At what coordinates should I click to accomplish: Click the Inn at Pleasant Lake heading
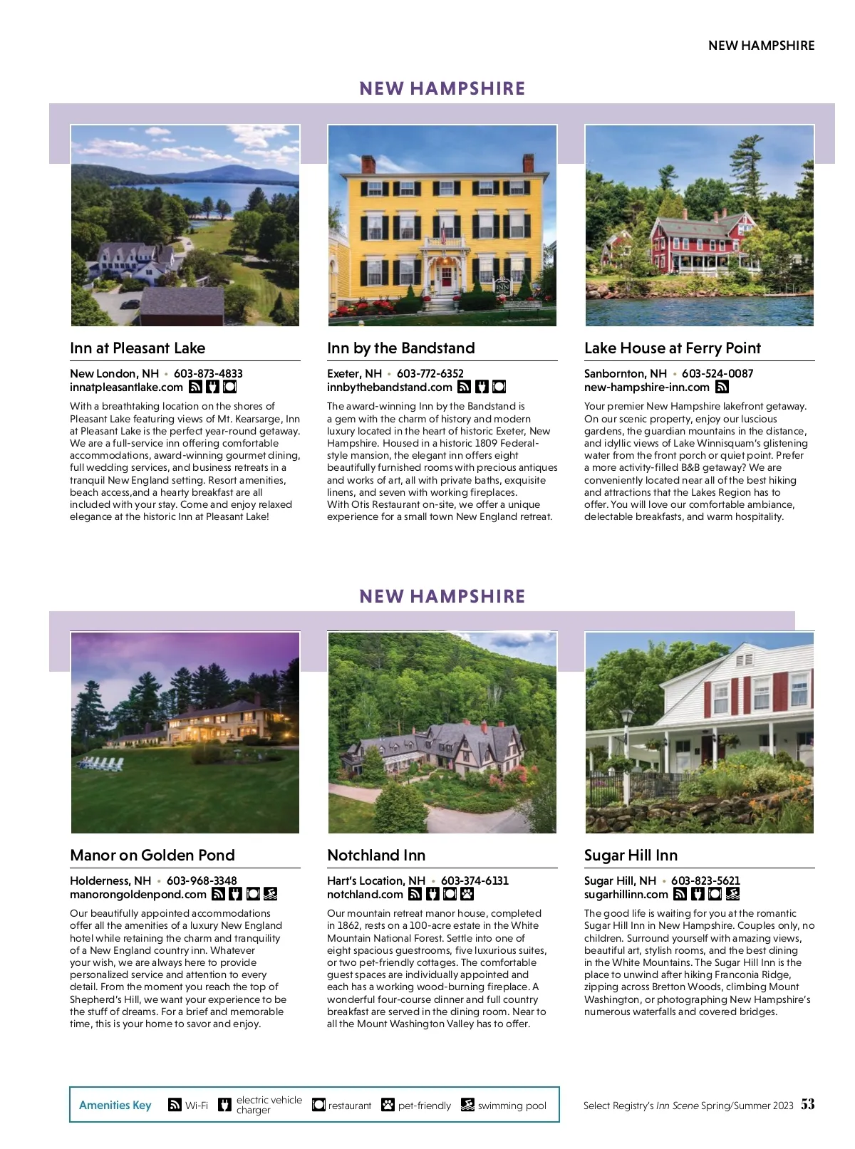[138, 348]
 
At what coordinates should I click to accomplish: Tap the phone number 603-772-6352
[430, 373]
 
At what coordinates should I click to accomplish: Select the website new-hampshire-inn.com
[646, 388]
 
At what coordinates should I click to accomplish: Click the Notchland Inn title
[376, 856]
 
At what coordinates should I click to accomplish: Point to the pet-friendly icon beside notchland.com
[467, 894]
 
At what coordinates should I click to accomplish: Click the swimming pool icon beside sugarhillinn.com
[732, 894]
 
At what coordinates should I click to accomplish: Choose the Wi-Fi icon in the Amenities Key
[175, 1105]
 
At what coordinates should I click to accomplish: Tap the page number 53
[807, 1104]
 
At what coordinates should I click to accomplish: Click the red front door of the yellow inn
[446, 276]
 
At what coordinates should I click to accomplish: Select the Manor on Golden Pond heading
[152, 856]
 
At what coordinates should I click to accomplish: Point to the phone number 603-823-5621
[705, 880]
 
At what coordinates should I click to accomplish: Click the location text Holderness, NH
[110, 880]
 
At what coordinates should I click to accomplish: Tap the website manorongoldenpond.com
[138, 894]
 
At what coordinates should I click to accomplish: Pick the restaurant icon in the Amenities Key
[318, 1105]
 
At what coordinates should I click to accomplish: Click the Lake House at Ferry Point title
[672, 348]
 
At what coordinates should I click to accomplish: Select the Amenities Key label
[115, 1105]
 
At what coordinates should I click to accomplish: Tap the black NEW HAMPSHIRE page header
[761, 46]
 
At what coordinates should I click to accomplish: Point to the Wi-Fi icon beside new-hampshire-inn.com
[722, 388]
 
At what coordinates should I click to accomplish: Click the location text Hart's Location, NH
[375, 880]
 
